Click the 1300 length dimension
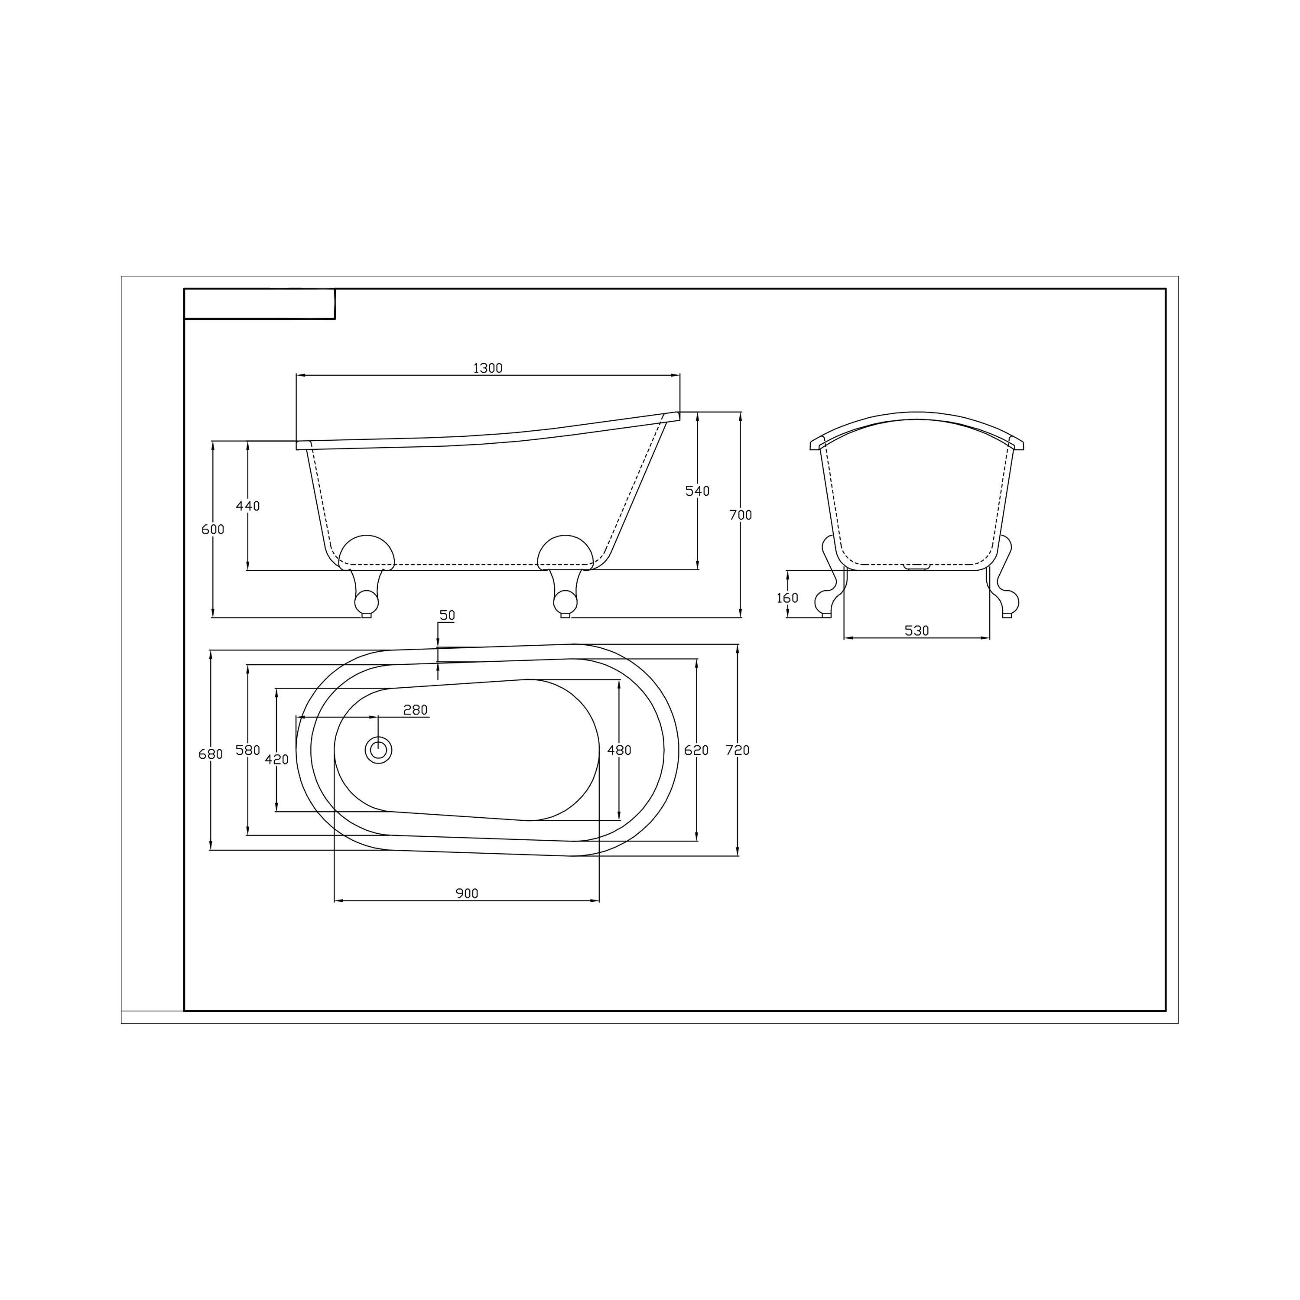tap(488, 368)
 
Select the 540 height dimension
tap(698, 491)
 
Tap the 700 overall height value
tap(741, 515)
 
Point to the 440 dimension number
tap(247, 506)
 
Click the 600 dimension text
tap(213, 530)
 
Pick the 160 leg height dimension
tap(787, 598)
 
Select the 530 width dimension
tap(916, 630)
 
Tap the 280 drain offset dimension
tap(415, 710)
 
